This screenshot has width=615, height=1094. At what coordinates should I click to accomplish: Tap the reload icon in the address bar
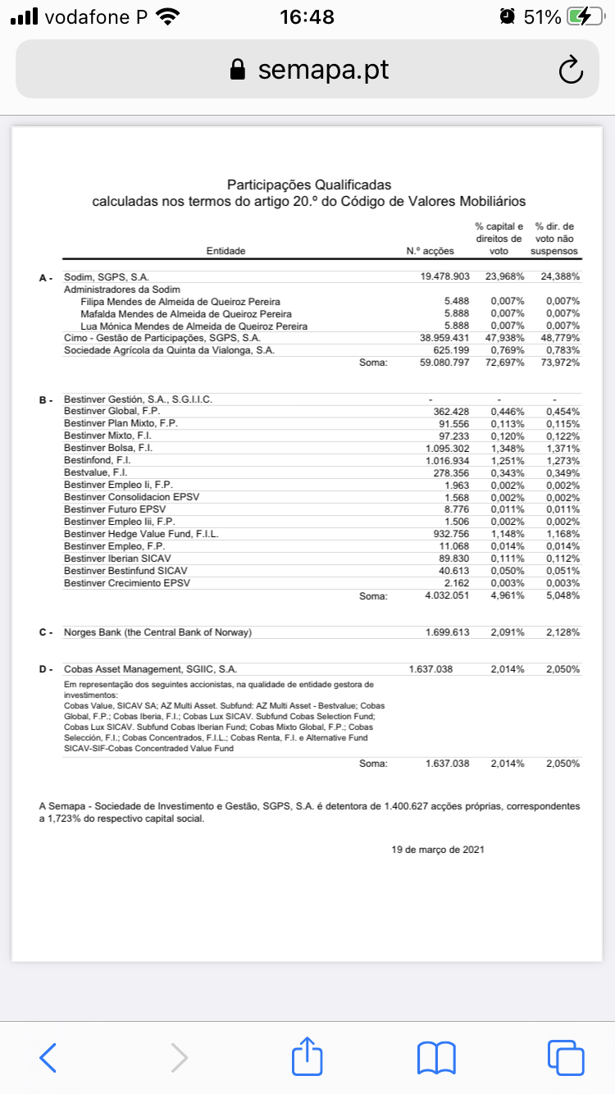pyautogui.click(x=570, y=71)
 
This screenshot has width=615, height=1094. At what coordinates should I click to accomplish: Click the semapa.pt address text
pyautogui.click(x=323, y=70)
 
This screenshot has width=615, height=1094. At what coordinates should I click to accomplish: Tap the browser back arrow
pyautogui.click(x=48, y=1057)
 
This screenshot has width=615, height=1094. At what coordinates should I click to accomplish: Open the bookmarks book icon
pyautogui.click(x=436, y=1057)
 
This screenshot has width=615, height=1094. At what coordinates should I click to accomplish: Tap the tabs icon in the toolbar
pyautogui.click(x=565, y=1057)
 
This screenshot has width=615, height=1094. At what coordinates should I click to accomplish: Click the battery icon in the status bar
pyautogui.click(x=586, y=17)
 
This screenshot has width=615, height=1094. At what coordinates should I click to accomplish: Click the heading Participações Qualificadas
pyautogui.click(x=309, y=185)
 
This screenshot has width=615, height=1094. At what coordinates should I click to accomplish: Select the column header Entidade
pyautogui.click(x=225, y=251)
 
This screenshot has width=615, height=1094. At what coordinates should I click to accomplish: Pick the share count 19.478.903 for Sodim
pyautogui.click(x=444, y=277)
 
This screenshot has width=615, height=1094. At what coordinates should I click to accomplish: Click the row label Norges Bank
pyautogui.click(x=157, y=632)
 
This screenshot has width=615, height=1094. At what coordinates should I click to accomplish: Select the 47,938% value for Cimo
pyautogui.click(x=504, y=338)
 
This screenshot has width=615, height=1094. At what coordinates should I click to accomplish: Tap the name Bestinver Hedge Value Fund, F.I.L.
pyautogui.click(x=141, y=534)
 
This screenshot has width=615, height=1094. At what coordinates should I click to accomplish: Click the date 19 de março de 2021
pyautogui.click(x=438, y=850)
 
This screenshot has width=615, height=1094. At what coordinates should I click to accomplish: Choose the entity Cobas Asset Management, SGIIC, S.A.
pyautogui.click(x=151, y=669)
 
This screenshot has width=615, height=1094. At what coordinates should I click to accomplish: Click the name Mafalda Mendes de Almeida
pyautogui.click(x=186, y=313)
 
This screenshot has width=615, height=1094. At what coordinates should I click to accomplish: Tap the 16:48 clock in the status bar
pyautogui.click(x=307, y=17)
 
